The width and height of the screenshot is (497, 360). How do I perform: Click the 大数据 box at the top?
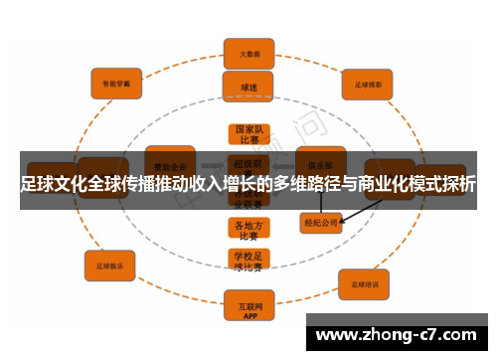pyautogui.click(x=248, y=54)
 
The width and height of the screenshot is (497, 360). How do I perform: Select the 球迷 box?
pyautogui.click(x=248, y=87)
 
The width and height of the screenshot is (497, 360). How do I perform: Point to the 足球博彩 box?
pyautogui.click(x=369, y=85)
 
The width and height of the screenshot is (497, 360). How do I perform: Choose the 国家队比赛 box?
pyautogui.click(x=248, y=135)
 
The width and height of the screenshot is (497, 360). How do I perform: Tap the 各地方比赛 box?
pyautogui.click(x=248, y=231)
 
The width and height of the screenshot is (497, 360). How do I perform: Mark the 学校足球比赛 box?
pyautogui.click(x=248, y=262)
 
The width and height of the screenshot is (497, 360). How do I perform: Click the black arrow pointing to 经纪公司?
pyautogui.click(x=363, y=210)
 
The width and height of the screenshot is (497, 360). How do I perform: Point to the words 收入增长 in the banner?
pyautogui.click(x=219, y=184)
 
